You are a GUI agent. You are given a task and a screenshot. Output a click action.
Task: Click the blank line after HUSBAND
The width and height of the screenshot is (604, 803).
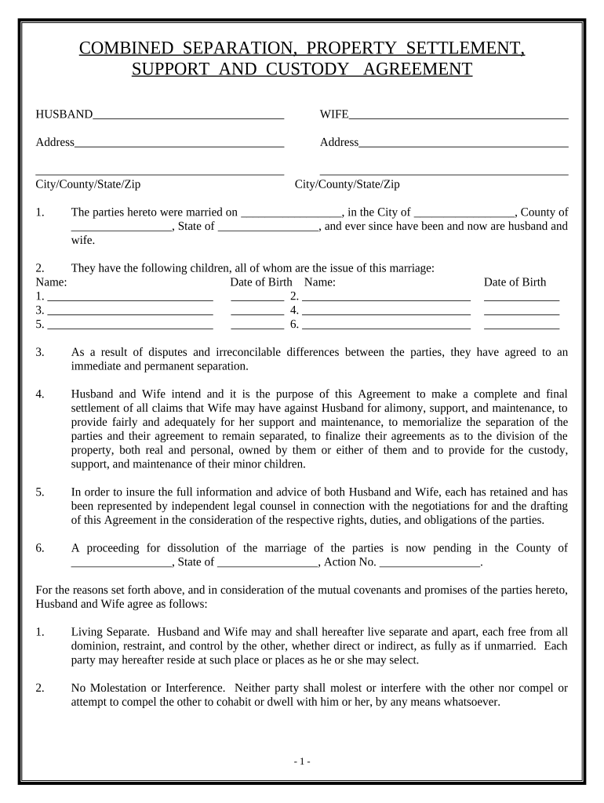tap(187, 116)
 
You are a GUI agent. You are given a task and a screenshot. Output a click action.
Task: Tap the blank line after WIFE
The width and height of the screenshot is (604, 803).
tap(458, 116)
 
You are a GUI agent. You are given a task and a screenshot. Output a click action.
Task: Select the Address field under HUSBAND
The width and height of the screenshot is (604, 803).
tap(179, 144)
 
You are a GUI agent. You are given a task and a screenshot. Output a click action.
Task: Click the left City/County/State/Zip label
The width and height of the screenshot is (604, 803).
tap(88, 184)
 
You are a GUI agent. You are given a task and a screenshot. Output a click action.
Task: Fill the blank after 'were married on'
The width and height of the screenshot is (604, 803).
tap(291, 213)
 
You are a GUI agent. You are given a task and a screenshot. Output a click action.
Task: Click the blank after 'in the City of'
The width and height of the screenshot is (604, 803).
tap(464, 213)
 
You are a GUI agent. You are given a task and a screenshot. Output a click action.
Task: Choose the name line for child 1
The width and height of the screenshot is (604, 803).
tap(130, 298)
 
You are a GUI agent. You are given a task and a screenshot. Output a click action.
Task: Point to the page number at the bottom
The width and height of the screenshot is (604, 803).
tap(302, 761)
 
